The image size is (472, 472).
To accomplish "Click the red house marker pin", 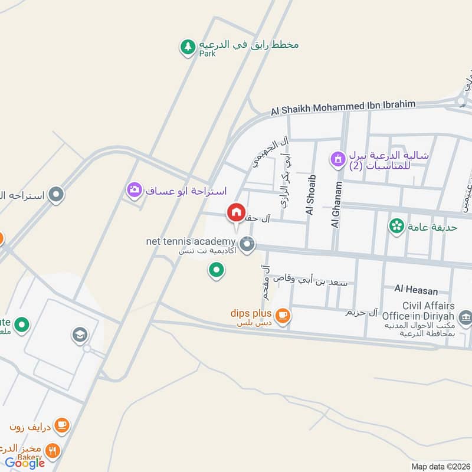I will click(x=236, y=212).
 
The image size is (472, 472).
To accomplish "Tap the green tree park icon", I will click(x=188, y=47).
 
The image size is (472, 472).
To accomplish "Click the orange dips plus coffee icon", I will click(x=283, y=315).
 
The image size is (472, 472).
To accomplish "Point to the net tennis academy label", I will click(x=191, y=242).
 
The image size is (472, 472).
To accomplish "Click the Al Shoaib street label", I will click(x=310, y=195).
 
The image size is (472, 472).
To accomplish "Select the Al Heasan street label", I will click(x=417, y=290).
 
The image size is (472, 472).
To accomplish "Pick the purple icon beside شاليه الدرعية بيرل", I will click(x=337, y=158).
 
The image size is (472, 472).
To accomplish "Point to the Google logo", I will click(x=25, y=463).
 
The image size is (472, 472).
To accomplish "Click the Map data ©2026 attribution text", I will click(x=440, y=466).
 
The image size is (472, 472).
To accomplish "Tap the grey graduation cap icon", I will click(x=80, y=336).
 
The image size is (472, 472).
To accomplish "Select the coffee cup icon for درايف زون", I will click(x=61, y=425).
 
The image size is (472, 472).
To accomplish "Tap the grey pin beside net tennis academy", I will click(x=247, y=243).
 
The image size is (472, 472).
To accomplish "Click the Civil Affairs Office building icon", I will click(x=466, y=319).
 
